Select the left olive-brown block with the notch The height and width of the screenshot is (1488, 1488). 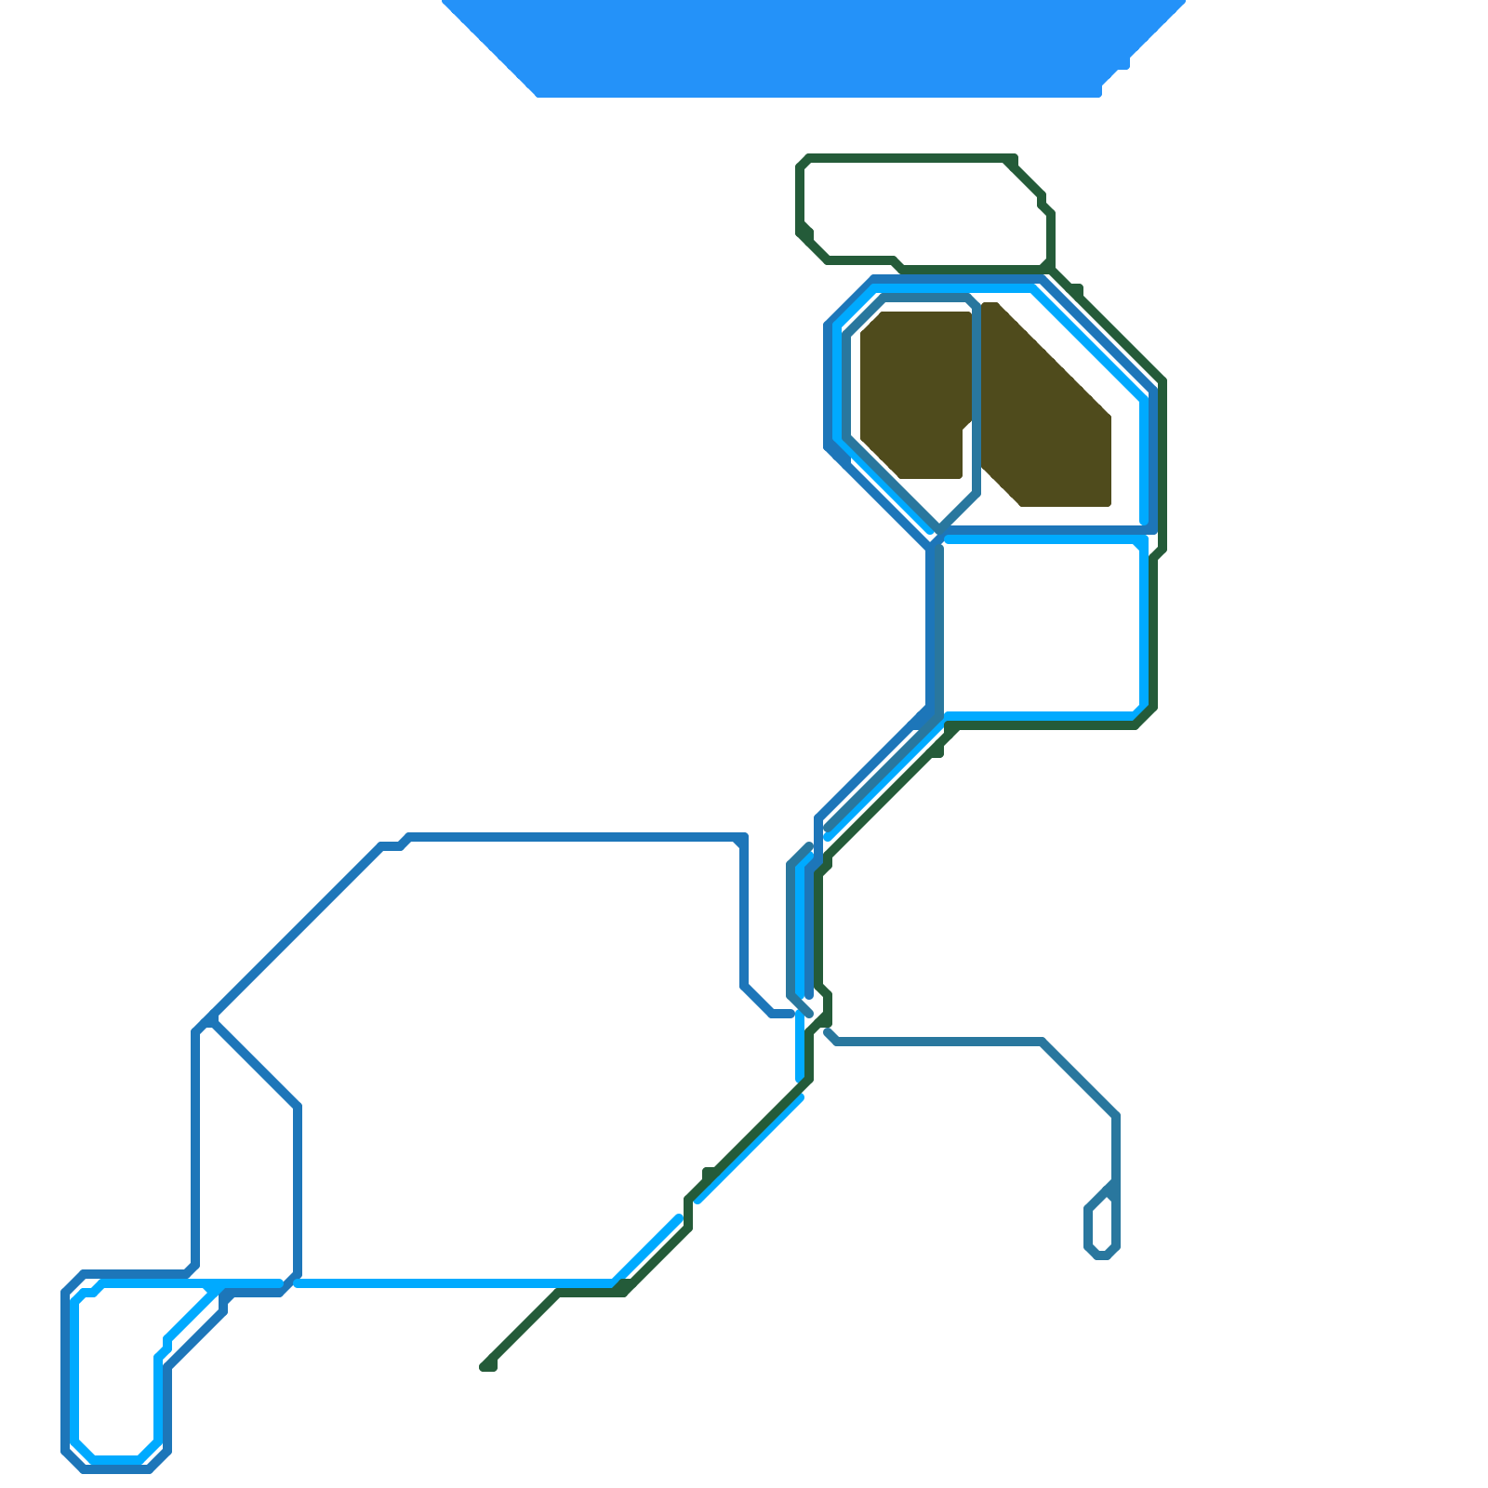coord(907,391)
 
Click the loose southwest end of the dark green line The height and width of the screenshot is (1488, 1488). coord(486,1365)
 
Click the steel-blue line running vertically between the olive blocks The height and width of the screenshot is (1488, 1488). coord(976,400)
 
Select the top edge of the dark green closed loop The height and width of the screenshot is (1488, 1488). coord(907,158)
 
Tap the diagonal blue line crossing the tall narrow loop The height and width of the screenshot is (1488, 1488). coord(256,1065)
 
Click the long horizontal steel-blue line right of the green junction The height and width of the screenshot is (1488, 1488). coord(939,1041)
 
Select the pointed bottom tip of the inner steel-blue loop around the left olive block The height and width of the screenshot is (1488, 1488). coord(940,526)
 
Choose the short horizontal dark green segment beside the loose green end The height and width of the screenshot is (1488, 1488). coord(591,1292)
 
